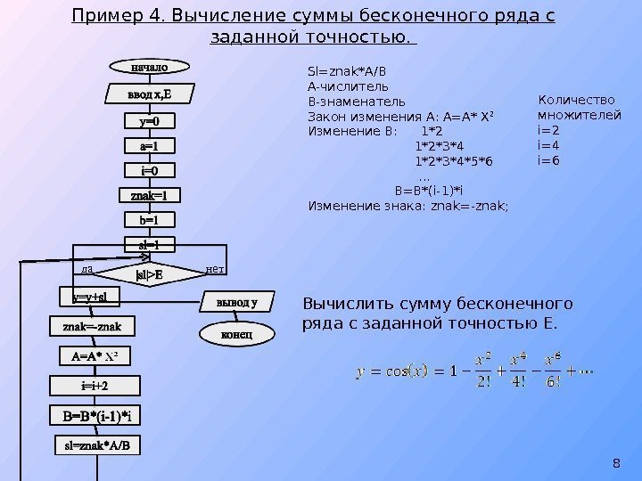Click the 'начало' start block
click(148, 66)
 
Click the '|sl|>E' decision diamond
click(148, 275)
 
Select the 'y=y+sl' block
click(90, 298)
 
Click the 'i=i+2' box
click(95, 386)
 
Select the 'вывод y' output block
click(236, 303)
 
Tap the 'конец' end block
click(236, 334)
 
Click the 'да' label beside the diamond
click(86, 268)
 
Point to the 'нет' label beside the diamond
click(215, 268)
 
